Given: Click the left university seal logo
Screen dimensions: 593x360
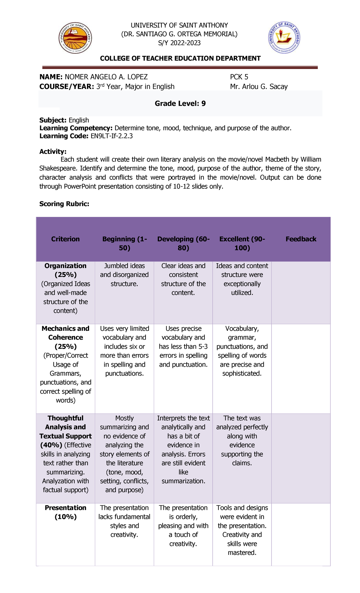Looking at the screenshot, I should click(x=75, y=38).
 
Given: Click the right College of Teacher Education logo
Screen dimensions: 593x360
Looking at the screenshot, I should click(x=284, y=38).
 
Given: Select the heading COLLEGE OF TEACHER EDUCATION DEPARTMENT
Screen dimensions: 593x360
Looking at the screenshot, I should click(x=180, y=59).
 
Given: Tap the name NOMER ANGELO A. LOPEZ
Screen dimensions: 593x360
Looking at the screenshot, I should click(x=106, y=77).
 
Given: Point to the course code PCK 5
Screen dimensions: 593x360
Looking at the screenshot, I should click(x=239, y=77).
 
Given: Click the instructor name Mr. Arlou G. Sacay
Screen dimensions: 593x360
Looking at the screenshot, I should click(x=259, y=87).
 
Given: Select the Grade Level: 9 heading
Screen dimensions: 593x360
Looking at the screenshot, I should click(x=180, y=104).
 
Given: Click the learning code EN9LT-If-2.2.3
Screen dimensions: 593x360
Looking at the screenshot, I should click(x=112, y=136).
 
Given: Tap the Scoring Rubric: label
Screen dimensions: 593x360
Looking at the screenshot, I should click(x=64, y=204).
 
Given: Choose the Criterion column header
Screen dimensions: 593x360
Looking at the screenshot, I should click(x=65, y=239).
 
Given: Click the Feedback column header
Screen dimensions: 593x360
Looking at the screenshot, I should click(x=301, y=239).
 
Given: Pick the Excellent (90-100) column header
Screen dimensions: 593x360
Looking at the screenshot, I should click(x=242, y=243).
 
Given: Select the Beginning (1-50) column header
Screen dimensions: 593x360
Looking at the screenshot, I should click(x=124, y=243).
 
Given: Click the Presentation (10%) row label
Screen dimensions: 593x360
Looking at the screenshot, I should click(x=65, y=512).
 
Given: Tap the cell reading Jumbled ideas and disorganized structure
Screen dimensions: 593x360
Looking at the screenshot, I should click(x=124, y=275).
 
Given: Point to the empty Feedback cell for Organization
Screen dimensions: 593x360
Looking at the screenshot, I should click(x=301, y=293).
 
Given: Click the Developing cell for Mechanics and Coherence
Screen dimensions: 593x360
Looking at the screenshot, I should click(x=183, y=347).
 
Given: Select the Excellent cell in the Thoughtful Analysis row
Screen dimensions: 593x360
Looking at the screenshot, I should click(x=242, y=441).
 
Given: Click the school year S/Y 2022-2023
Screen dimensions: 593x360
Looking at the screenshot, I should click(x=179, y=43).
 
